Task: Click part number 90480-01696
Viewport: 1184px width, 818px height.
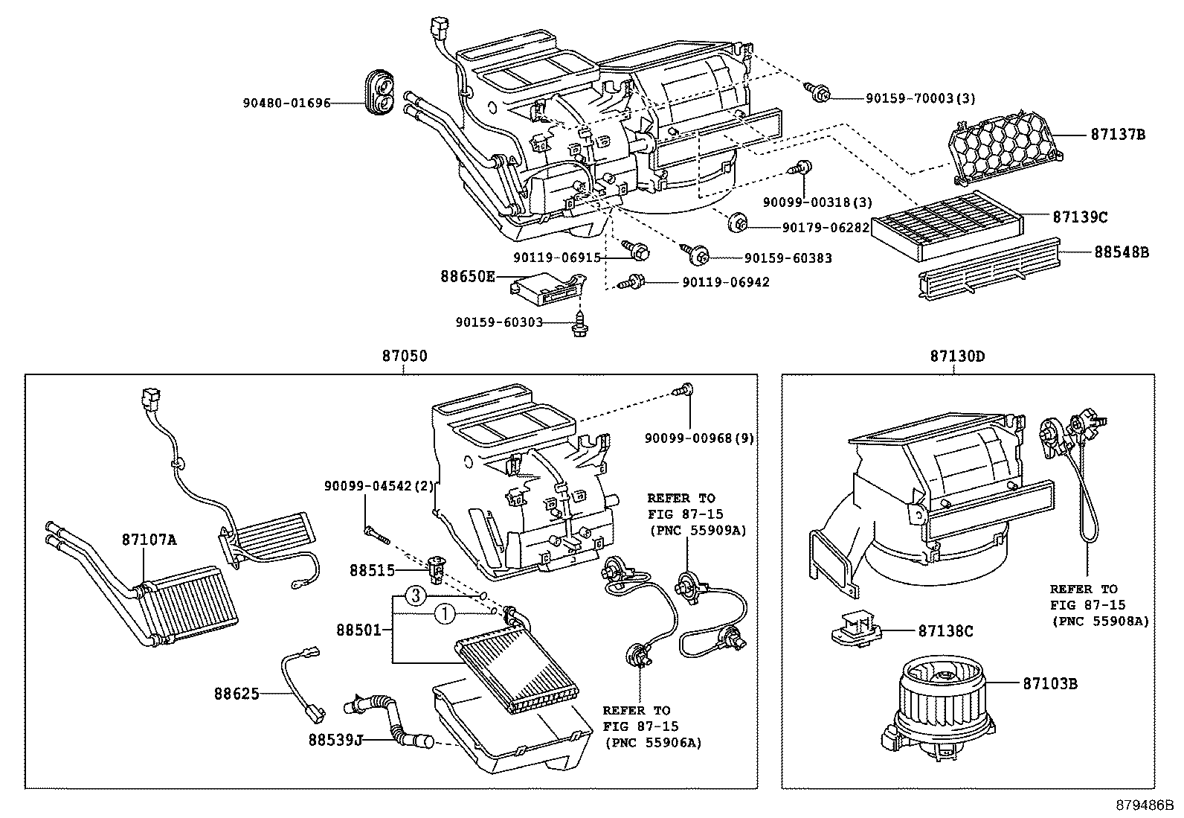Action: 286,103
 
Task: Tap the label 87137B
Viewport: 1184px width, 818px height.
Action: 1118,135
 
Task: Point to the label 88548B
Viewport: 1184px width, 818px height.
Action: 1121,252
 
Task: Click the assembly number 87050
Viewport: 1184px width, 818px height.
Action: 405,357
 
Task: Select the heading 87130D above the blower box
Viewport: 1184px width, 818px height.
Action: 956,357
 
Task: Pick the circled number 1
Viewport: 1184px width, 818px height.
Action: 443,614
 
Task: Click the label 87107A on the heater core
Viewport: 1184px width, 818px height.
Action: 149,539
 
